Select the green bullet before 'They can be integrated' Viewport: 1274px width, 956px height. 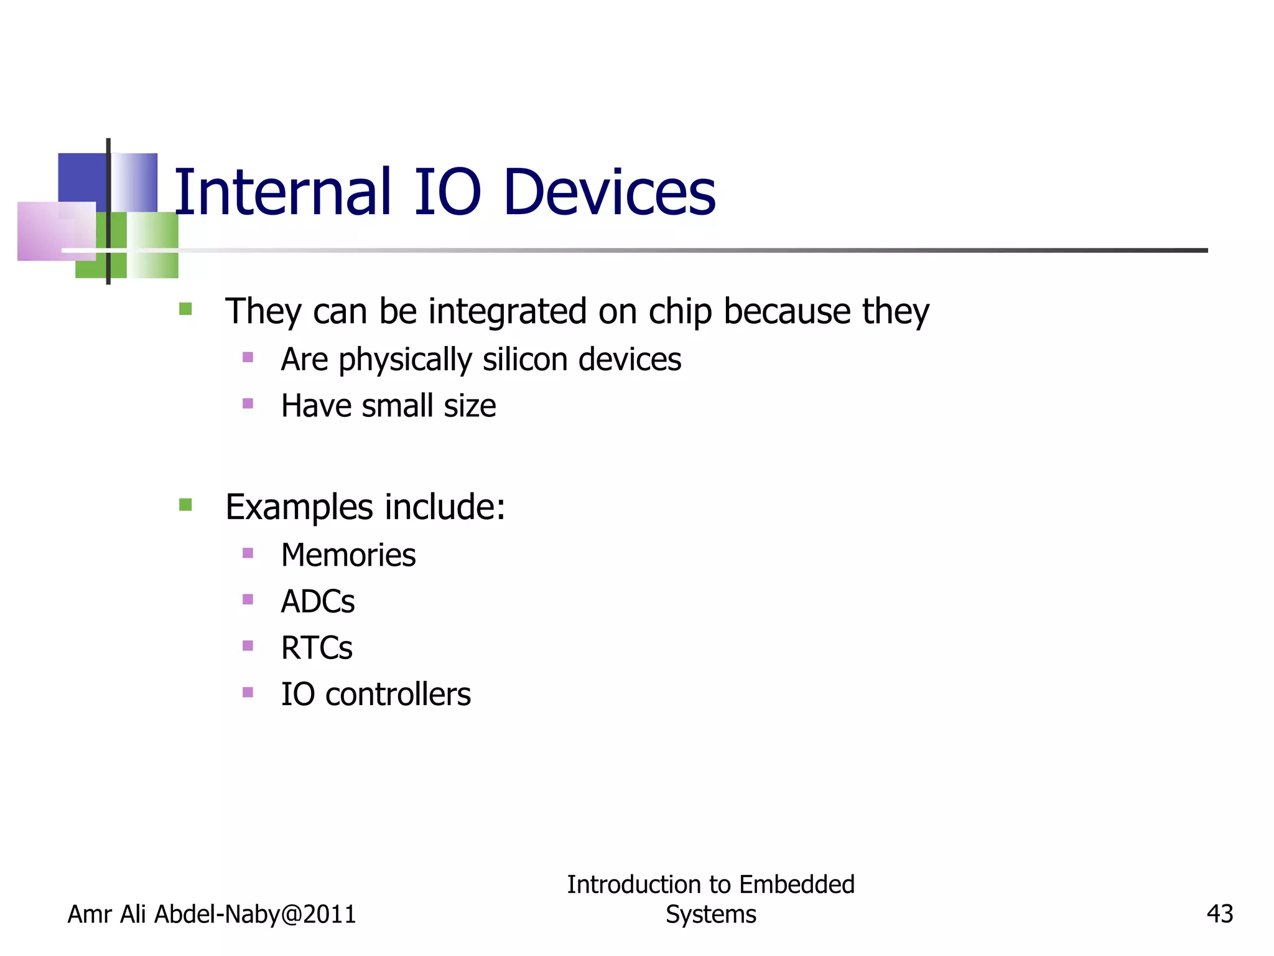click(185, 309)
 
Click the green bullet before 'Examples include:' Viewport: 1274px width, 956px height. click(185, 504)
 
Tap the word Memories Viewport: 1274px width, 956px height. click(348, 555)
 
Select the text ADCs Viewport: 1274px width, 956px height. click(318, 602)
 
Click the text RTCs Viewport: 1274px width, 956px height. click(317, 648)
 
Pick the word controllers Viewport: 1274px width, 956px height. click(398, 695)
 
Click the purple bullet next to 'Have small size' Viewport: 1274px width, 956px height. click(248, 403)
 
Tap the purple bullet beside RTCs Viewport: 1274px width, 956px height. click(248, 645)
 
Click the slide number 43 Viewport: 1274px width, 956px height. click(1219, 914)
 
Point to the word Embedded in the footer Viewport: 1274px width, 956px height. click(797, 884)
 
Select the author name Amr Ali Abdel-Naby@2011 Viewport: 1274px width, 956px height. click(212, 914)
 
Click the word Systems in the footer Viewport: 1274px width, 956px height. click(711, 914)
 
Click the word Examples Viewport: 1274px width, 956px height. click(299, 507)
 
